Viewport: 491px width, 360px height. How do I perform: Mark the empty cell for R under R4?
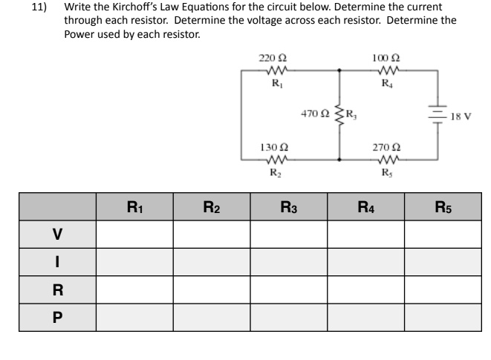pos(365,289)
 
